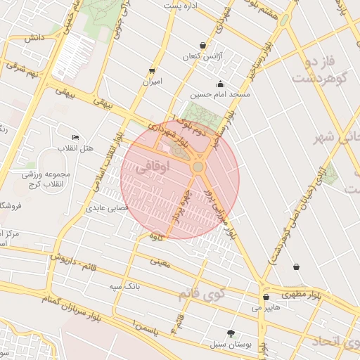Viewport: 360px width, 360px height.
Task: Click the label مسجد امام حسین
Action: click(221, 94)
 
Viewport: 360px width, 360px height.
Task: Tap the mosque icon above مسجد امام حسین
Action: click(221, 84)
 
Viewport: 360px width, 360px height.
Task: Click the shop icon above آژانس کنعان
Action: click(203, 45)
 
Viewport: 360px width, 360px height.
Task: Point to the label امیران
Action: click(153, 82)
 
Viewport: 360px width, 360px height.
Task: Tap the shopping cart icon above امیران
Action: click(152, 71)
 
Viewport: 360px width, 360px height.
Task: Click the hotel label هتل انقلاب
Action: click(78, 148)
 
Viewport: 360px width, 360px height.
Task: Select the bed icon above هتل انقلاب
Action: click(76, 137)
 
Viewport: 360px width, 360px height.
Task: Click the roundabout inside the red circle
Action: click(198, 167)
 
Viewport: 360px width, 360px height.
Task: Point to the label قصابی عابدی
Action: click(105, 208)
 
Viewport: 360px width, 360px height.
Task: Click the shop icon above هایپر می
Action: click(266, 297)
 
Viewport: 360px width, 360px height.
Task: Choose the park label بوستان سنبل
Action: click(230, 344)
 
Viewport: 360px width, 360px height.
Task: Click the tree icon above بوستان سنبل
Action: click(231, 333)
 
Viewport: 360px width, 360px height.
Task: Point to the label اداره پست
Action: click(181, 5)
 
